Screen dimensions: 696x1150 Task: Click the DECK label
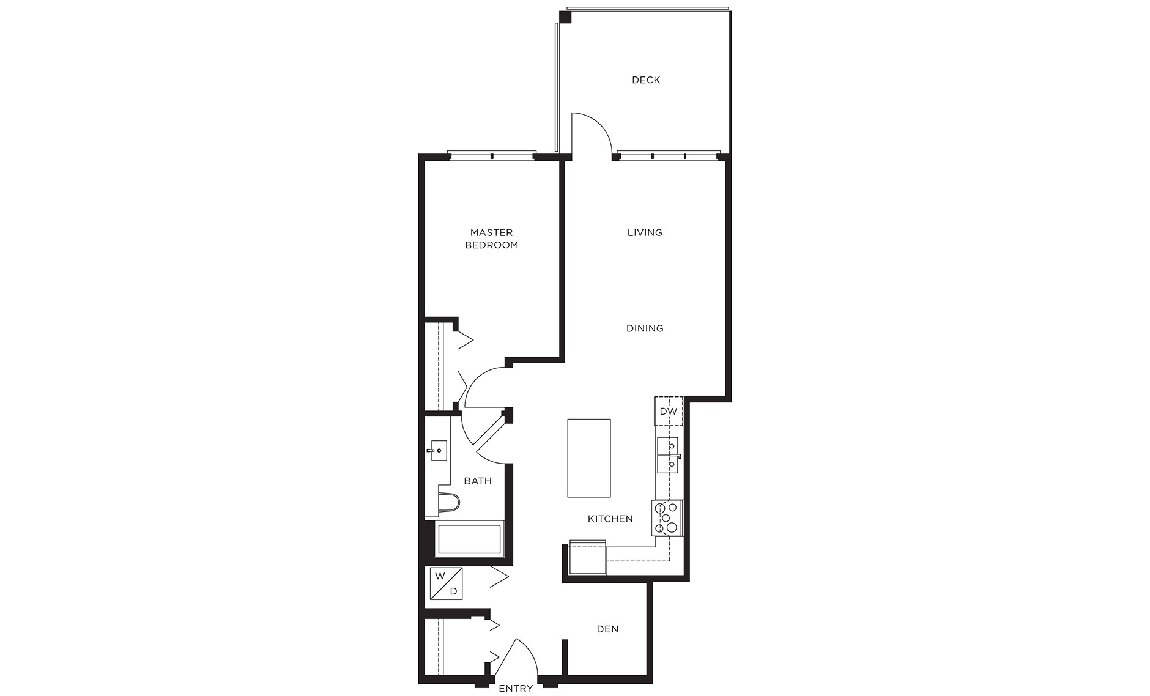click(646, 80)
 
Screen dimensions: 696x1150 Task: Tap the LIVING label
click(645, 232)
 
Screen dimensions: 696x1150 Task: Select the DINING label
click(645, 328)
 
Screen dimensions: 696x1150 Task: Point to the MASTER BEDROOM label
click(491, 239)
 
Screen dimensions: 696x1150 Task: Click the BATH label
click(478, 481)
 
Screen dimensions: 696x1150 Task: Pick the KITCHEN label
click(610, 519)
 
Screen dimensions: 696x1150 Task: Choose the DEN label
click(607, 629)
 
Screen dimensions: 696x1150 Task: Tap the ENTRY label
click(516, 689)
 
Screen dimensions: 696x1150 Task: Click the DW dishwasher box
click(669, 412)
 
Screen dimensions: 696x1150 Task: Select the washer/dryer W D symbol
click(447, 584)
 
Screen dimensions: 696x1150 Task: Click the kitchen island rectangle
click(588, 457)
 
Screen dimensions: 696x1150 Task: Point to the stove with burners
click(667, 518)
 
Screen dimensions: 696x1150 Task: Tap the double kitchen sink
click(668, 456)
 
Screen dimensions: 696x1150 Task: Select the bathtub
click(469, 539)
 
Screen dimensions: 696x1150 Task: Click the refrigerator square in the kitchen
click(587, 558)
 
